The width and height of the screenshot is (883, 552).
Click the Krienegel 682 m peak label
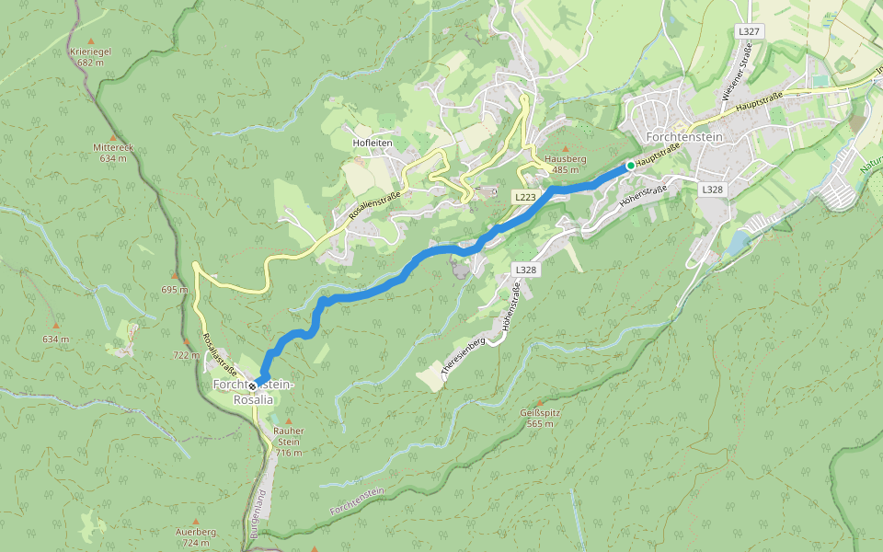(x=90, y=57)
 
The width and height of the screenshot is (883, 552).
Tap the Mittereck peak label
(x=113, y=152)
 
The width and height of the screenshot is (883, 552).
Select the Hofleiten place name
(x=373, y=144)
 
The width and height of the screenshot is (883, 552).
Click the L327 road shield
(x=749, y=31)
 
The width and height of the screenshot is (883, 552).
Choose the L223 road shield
(x=525, y=197)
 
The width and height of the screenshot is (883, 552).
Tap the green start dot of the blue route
(x=630, y=165)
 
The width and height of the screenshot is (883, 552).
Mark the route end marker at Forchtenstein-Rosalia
(x=252, y=385)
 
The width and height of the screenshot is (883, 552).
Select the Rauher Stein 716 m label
(x=289, y=441)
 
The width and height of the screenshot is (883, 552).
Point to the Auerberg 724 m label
(x=195, y=537)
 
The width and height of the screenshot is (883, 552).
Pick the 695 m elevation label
(x=174, y=290)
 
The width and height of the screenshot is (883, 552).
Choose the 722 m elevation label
(x=186, y=355)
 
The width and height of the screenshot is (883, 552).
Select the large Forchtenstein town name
(x=685, y=137)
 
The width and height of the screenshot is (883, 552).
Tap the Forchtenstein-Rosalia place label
(x=254, y=391)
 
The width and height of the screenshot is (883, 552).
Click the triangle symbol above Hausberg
(x=565, y=148)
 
